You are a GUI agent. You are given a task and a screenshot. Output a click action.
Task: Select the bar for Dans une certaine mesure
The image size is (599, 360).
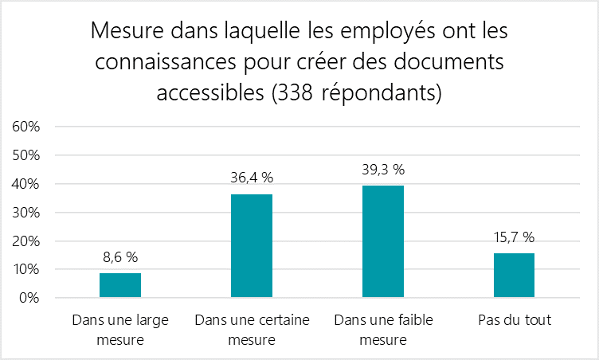[251, 246]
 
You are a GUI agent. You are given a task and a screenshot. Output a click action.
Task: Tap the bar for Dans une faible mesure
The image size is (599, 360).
[382, 242]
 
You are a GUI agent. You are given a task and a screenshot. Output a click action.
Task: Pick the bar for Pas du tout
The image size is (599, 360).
[514, 276]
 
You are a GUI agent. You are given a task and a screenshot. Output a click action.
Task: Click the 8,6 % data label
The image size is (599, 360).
[119, 257]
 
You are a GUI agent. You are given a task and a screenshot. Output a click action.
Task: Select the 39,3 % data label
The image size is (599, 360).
[382, 170]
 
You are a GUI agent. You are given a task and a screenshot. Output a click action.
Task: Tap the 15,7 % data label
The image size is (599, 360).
[514, 237]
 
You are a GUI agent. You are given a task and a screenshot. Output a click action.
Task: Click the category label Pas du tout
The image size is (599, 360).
[514, 321]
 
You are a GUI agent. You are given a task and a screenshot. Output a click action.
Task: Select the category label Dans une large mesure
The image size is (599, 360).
[119, 330]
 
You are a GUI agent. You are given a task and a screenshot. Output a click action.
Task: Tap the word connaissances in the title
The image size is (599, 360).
[163, 62]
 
